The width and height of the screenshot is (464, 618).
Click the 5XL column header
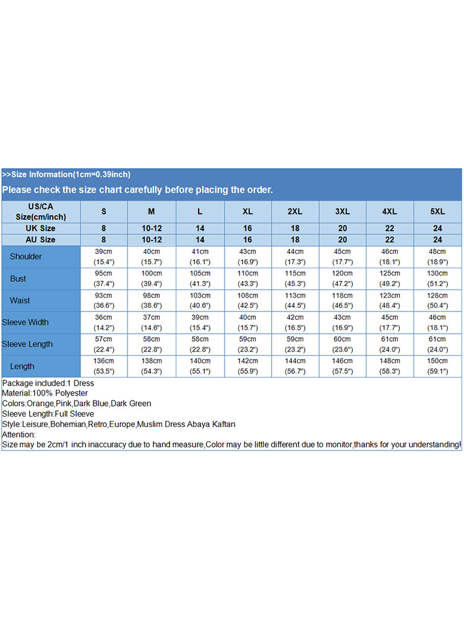437,211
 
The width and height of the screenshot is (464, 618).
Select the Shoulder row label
26,256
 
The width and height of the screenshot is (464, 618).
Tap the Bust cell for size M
151,279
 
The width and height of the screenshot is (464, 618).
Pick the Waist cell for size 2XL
295,300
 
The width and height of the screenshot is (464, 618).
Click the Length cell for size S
103,366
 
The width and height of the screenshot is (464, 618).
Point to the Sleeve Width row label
25,322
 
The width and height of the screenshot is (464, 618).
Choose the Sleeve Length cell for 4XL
390,344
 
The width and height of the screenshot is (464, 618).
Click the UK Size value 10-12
152,229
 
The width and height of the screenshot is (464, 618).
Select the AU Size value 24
437,240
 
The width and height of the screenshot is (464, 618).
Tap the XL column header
247,211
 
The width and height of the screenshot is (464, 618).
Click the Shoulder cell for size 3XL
342,256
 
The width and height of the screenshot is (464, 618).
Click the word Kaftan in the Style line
223,424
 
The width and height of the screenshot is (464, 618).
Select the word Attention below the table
19,434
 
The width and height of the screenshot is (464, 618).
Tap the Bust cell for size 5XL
437,279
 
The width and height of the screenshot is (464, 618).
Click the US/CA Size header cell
41,211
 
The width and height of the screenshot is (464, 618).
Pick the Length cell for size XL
247,366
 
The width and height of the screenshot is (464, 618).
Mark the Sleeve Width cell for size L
199,322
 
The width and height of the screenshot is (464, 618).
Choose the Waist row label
20,300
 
